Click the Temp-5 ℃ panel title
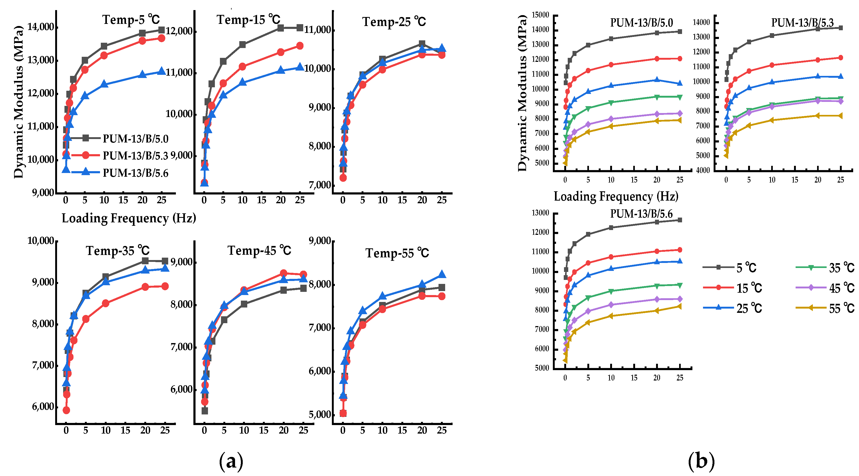click(x=131, y=20)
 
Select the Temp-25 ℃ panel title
click(x=394, y=22)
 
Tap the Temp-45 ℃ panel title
click(x=259, y=250)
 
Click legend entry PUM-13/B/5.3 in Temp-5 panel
click(x=135, y=155)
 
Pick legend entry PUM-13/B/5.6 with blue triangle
click(x=135, y=173)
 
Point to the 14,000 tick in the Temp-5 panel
click(x=40, y=27)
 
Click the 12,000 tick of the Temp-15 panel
click(x=179, y=31)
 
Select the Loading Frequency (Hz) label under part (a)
click(x=129, y=218)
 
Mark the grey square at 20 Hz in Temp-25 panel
click(x=422, y=44)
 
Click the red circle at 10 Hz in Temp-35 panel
click(x=106, y=303)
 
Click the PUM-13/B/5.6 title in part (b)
click(x=641, y=214)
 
